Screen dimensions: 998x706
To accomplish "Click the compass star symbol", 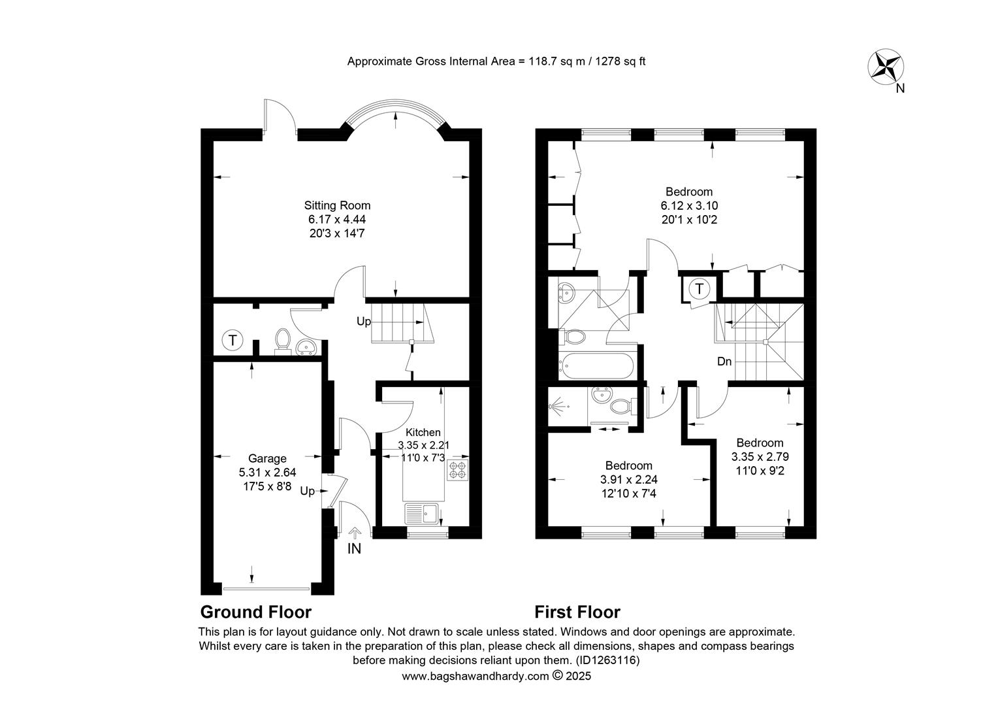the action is [x=886, y=67].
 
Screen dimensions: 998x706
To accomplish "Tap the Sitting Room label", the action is [x=337, y=206].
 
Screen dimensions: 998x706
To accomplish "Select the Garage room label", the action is [x=267, y=458].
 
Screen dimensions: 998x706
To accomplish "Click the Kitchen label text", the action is [x=423, y=432].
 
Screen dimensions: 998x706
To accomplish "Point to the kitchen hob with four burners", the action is [x=458, y=469].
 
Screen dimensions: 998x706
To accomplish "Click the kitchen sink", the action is [x=422, y=513].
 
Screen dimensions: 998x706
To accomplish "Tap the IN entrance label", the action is [x=354, y=548].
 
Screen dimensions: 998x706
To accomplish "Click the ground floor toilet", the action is [x=282, y=342].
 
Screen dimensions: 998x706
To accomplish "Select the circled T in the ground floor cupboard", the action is [x=232, y=341].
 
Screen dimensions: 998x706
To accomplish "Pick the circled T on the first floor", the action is [x=700, y=289].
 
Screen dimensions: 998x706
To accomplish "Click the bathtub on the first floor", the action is [x=596, y=366].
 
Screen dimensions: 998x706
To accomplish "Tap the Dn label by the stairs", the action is [x=724, y=361].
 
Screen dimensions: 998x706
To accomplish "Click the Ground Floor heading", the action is [x=256, y=613].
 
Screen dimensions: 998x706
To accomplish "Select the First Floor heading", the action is [x=577, y=613].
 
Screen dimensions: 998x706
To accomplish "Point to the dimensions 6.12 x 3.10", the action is [x=689, y=206].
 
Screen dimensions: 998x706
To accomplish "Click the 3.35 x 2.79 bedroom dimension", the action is [x=760, y=457].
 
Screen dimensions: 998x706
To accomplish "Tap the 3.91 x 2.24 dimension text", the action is [x=629, y=479].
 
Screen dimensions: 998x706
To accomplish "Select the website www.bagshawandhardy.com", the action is [x=475, y=676].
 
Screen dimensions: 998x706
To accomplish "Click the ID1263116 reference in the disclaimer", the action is [x=607, y=660].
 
